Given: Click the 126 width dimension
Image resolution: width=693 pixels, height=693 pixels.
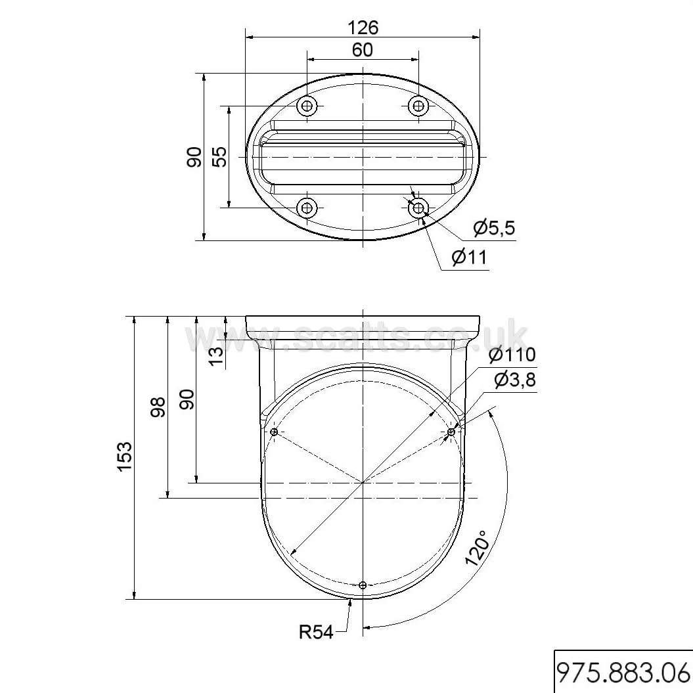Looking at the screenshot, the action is tap(363, 28).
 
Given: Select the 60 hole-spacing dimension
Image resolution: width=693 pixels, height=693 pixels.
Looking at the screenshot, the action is tap(363, 50).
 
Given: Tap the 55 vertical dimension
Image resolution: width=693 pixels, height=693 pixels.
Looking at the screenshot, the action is tap(219, 156).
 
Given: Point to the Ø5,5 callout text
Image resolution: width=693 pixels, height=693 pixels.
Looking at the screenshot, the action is tap(494, 228).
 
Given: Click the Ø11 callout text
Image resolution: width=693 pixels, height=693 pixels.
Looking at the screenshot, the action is tap(469, 257).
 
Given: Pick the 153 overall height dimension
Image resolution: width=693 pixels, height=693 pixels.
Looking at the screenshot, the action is tap(125, 457).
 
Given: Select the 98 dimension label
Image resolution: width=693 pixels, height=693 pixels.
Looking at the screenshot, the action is tap(158, 407).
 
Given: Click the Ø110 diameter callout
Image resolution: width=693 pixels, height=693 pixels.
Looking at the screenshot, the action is tap(512, 355).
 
